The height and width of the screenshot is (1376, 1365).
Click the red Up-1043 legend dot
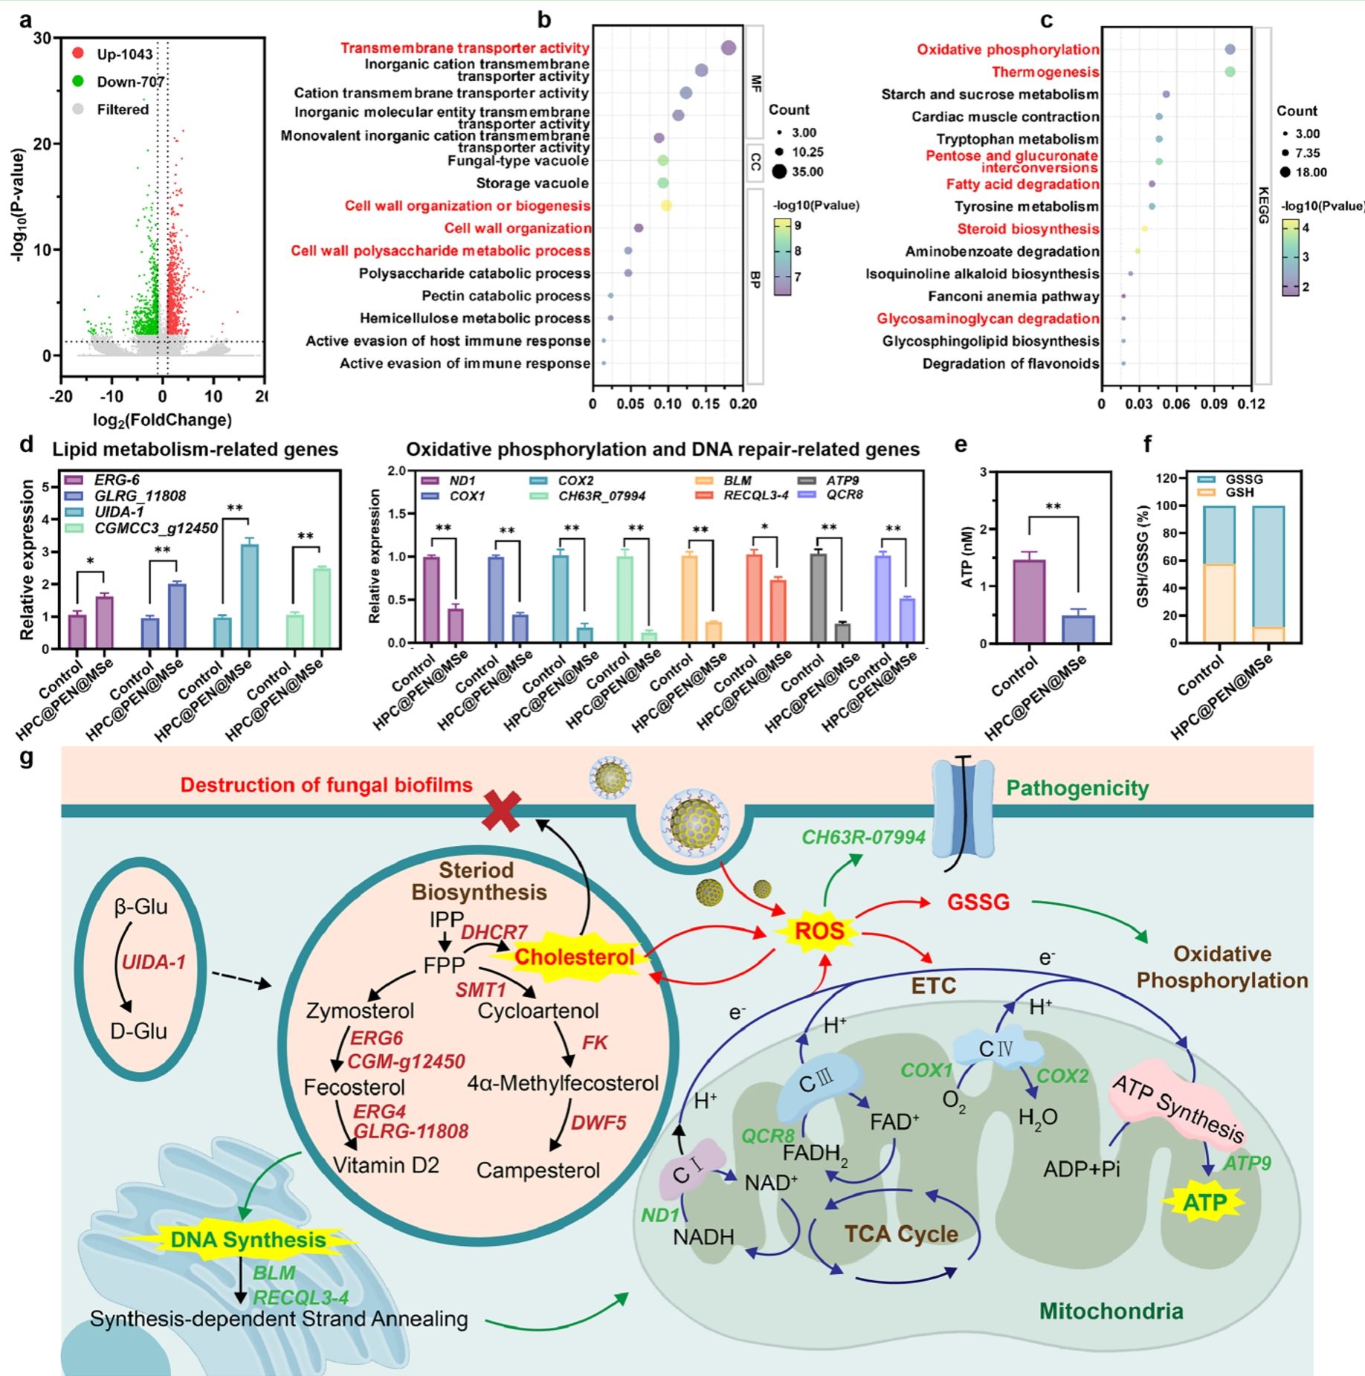(78, 54)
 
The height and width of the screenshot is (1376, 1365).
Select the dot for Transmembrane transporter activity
(729, 48)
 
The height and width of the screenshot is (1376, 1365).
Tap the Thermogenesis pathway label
(1045, 72)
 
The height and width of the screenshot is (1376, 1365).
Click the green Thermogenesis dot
(1230, 72)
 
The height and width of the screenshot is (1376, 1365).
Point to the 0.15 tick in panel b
(706, 404)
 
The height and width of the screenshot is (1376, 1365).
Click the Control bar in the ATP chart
(1029, 601)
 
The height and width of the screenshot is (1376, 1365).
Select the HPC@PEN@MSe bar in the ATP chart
(1078, 629)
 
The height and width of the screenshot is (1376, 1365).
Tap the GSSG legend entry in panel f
(1243, 479)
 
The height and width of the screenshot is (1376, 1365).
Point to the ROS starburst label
(819, 931)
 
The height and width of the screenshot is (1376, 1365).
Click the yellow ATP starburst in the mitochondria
(1204, 1202)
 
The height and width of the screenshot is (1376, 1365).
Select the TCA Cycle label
(901, 1234)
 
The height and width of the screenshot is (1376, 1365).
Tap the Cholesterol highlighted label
(574, 957)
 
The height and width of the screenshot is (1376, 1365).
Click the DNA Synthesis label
(248, 1239)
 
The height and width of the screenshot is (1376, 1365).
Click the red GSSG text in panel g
(978, 902)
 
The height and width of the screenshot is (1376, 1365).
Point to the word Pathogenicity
(1077, 788)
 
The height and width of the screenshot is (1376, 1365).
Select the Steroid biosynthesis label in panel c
(1027, 229)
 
